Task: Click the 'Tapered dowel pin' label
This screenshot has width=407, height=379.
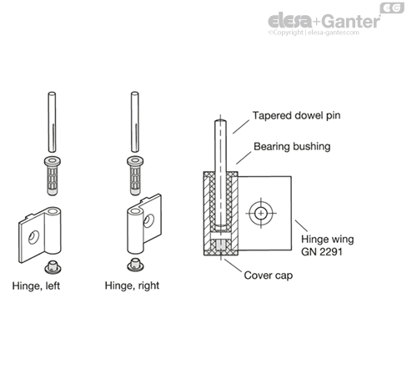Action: pos(296,115)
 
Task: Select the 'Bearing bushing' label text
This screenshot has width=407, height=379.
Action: pos(292,147)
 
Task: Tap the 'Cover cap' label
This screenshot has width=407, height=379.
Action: pos(269,275)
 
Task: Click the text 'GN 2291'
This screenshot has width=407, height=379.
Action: pos(321,252)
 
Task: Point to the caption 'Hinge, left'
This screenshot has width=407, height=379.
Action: pos(36,286)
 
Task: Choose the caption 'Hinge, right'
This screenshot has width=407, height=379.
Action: pos(132,286)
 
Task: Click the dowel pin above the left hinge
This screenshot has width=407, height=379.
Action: pos(52,122)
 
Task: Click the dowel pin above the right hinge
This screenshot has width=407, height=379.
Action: pos(135,122)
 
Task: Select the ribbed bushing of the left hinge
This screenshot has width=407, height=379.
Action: pos(53,176)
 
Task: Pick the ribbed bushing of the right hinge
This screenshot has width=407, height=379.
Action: pos(135,176)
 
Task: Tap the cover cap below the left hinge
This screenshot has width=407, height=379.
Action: pos(53,266)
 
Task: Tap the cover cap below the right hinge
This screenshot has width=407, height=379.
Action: pos(135,265)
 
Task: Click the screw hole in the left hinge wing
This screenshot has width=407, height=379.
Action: pos(33,237)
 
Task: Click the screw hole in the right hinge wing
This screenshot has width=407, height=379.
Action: pos(148,220)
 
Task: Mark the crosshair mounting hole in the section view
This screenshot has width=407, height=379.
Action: pos(261,214)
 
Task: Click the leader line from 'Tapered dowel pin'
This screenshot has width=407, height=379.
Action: pos(241,127)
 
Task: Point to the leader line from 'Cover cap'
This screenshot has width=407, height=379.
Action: pos(233,265)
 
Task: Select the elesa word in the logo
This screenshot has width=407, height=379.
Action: pos(289,20)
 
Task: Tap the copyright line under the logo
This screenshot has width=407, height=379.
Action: pos(314,33)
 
